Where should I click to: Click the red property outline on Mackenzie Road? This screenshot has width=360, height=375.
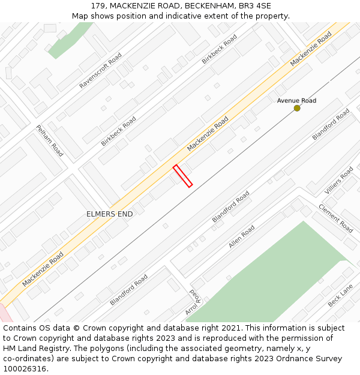(182, 176)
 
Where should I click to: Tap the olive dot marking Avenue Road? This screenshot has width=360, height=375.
(297, 108)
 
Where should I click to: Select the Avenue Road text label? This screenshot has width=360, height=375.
(296, 100)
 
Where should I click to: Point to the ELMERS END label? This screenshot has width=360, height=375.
(110, 214)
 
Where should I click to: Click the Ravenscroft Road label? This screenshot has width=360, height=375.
(100, 71)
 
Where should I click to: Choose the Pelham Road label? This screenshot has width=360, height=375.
(49, 140)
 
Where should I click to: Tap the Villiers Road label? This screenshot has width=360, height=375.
(339, 181)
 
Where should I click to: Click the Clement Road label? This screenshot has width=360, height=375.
(336, 218)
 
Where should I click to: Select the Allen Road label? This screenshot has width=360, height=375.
(241, 236)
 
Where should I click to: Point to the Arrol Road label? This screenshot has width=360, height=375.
(193, 302)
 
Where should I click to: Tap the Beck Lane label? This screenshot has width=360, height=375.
(340, 296)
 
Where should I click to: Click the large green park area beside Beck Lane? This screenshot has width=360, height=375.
(270, 276)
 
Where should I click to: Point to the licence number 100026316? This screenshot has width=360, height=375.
(25, 368)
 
